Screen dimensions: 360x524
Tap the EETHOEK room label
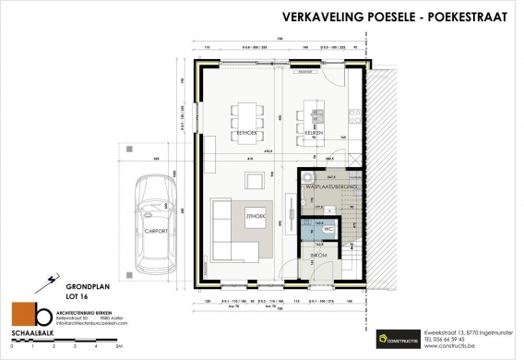[245, 133]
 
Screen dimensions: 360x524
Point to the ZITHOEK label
[256, 216]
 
